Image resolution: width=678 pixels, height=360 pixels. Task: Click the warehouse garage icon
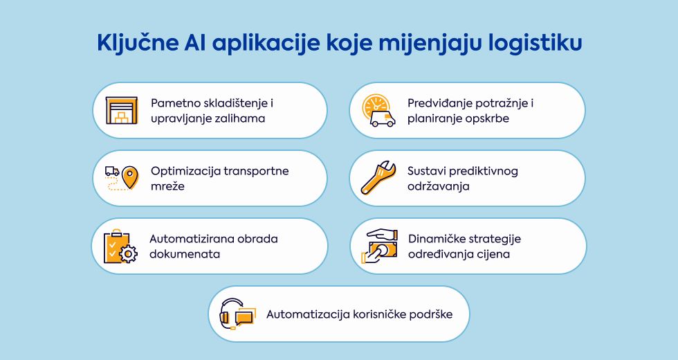coord(122,110)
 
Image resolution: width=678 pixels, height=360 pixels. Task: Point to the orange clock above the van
coord(375,105)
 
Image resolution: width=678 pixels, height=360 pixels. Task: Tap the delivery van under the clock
coord(383,118)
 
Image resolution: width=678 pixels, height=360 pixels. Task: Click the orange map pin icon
coord(130,177)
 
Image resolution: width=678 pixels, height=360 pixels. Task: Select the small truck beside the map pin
coord(112,172)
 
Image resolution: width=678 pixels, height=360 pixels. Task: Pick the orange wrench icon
coord(378,178)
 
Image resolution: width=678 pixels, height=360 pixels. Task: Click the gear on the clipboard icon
coord(129,253)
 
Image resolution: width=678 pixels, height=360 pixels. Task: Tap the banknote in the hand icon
coord(383,250)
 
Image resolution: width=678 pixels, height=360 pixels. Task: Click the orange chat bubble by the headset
coord(244,318)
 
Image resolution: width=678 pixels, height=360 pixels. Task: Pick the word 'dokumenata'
coord(185,254)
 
